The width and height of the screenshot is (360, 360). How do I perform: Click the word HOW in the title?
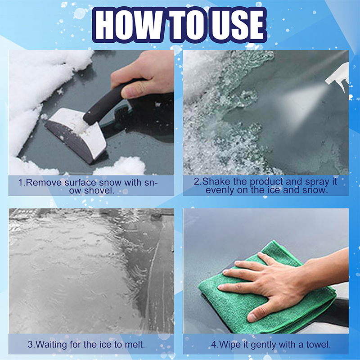tap(128, 25)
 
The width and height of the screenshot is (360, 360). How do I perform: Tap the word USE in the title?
tap(238, 25)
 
